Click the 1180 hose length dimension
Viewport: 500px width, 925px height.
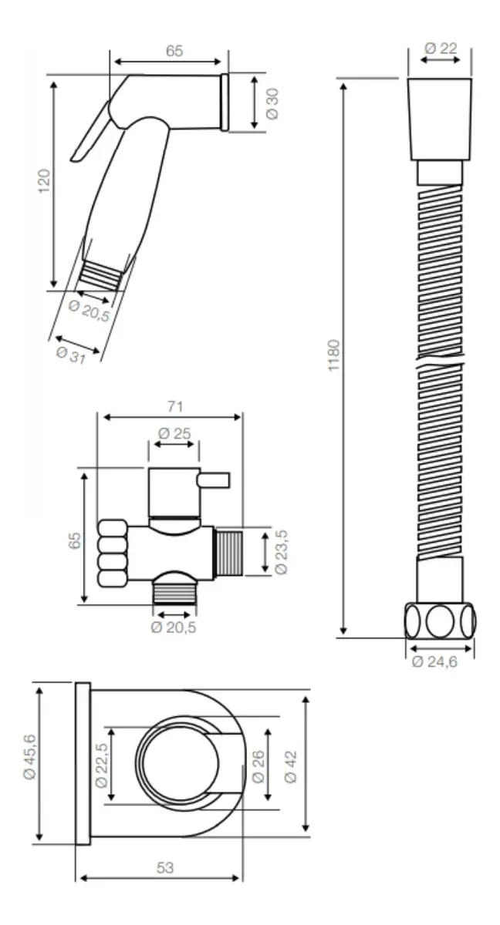pyautogui.click(x=333, y=355)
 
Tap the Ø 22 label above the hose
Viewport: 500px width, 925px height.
pyautogui.click(x=441, y=49)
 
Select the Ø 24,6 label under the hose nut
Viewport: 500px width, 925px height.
pyautogui.click(x=434, y=661)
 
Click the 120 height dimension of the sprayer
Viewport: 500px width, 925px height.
pyautogui.click(x=44, y=180)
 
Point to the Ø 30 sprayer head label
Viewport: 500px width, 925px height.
pyautogui.click(x=272, y=103)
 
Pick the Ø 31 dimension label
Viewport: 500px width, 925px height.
pyautogui.click(x=71, y=355)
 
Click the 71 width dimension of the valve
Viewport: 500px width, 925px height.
pyautogui.click(x=175, y=406)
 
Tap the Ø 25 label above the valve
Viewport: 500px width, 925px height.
pyautogui.click(x=174, y=433)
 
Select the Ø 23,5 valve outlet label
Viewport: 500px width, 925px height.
pyautogui.click(x=281, y=552)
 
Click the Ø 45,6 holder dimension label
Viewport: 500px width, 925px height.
pyautogui.click(x=30, y=757)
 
